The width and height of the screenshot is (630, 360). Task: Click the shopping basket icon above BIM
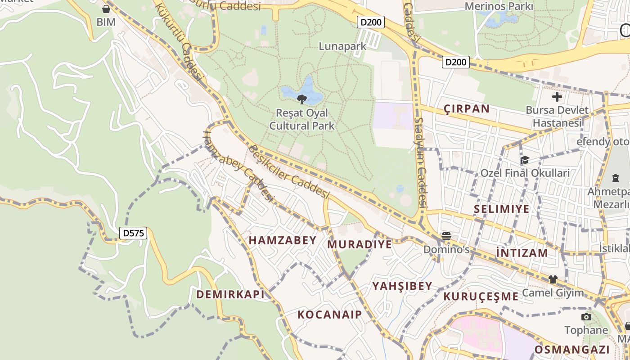(x=106, y=9)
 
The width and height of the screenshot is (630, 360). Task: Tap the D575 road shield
(x=134, y=233)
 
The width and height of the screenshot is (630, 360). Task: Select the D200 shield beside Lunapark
(x=371, y=22)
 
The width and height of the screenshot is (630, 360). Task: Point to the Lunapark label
(x=342, y=46)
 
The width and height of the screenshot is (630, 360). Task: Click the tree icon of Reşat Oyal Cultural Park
(x=302, y=99)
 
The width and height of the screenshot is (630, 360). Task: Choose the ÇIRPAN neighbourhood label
(x=467, y=108)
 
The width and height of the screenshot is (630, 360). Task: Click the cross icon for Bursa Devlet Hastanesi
(x=557, y=97)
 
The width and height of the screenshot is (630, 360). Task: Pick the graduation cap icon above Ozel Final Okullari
(x=525, y=160)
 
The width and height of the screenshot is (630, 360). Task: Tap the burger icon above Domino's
(x=446, y=236)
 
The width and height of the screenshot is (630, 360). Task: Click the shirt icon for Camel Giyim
(x=553, y=279)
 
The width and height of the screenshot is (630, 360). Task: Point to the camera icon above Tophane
(x=586, y=317)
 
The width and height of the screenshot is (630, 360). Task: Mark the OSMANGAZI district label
(x=572, y=350)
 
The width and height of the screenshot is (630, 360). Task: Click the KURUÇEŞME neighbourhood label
(x=481, y=296)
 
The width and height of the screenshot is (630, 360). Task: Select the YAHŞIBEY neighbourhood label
(x=402, y=286)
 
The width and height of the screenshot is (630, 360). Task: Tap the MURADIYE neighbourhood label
(x=360, y=244)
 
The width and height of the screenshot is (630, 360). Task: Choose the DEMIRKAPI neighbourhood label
(x=230, y=294)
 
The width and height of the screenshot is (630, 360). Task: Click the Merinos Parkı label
(x=499, y=6)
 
